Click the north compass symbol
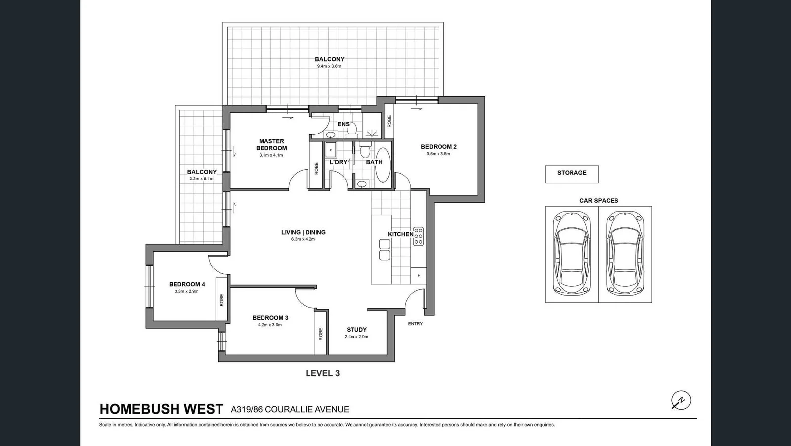click(x=681, y=400)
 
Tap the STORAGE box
click(x=571, y=174)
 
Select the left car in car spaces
click(x=571, y=253)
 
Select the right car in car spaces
click(x=625, y=253)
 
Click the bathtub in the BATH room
click(x=382, y=165)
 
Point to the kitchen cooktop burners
click(x=418, y=236)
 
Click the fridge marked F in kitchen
click(x=419, y=275)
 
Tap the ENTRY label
click(x=415, y=324)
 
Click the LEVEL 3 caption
click(x=322, y=373)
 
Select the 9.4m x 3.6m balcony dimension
click(x=329, y=66)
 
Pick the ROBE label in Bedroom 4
click(x=222, y=300)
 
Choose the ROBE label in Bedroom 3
click(x=321, y=334)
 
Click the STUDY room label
click(x=356, y=330)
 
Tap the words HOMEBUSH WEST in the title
click(x=161, y=409)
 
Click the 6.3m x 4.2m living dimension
click(x=303, y=239)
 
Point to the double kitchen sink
click(x=385, y=249)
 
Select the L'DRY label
click(x=338, y=162)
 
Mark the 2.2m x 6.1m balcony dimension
click(x=201, y=178)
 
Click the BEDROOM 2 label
click(x=439, y=147)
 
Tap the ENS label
click(x=343, y=124)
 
